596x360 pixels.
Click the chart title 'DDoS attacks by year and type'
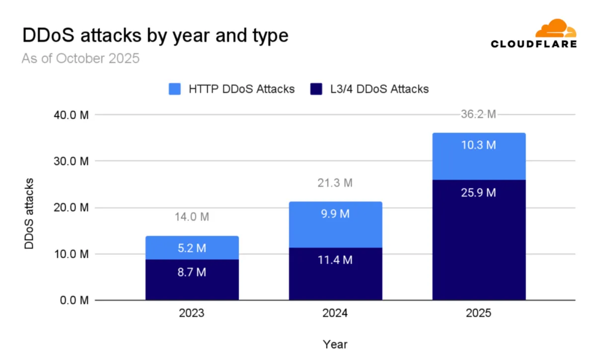pos(155,36)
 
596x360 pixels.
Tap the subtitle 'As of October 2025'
pos(80,59)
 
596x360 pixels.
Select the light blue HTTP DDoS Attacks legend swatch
pos(176,89)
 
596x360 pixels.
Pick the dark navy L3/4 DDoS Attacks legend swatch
pos(318,89)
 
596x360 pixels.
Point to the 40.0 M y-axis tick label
pos(71,115)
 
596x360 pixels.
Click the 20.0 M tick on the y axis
pos(71,208)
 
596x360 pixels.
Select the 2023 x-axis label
pos(192,314)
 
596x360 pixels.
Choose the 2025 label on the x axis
pos(479,314)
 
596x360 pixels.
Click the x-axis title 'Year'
pos(335,344)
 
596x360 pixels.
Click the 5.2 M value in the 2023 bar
pos(192,248)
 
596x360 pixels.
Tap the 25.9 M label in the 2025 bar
pos(479,193)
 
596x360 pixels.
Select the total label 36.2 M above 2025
pos(479,114)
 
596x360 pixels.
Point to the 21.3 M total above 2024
pos(335,183)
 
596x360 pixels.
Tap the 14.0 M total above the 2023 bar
pos(192,217)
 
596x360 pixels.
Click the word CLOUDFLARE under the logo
pos(533,44)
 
